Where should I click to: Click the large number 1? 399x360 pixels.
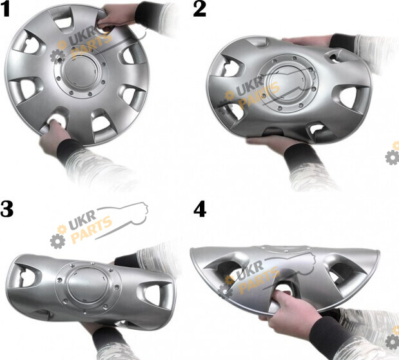[x=5, y=10]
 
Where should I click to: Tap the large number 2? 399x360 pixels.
[x=200, y=10]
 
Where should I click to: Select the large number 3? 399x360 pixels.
[x=6, y=209]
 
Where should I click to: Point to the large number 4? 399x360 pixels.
[x=200, y=210]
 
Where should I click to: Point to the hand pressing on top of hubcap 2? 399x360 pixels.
[x=308, y=41]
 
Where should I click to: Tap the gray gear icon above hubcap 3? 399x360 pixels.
[x=57, y=241]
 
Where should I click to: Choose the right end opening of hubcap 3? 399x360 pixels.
[x=155, y=296]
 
